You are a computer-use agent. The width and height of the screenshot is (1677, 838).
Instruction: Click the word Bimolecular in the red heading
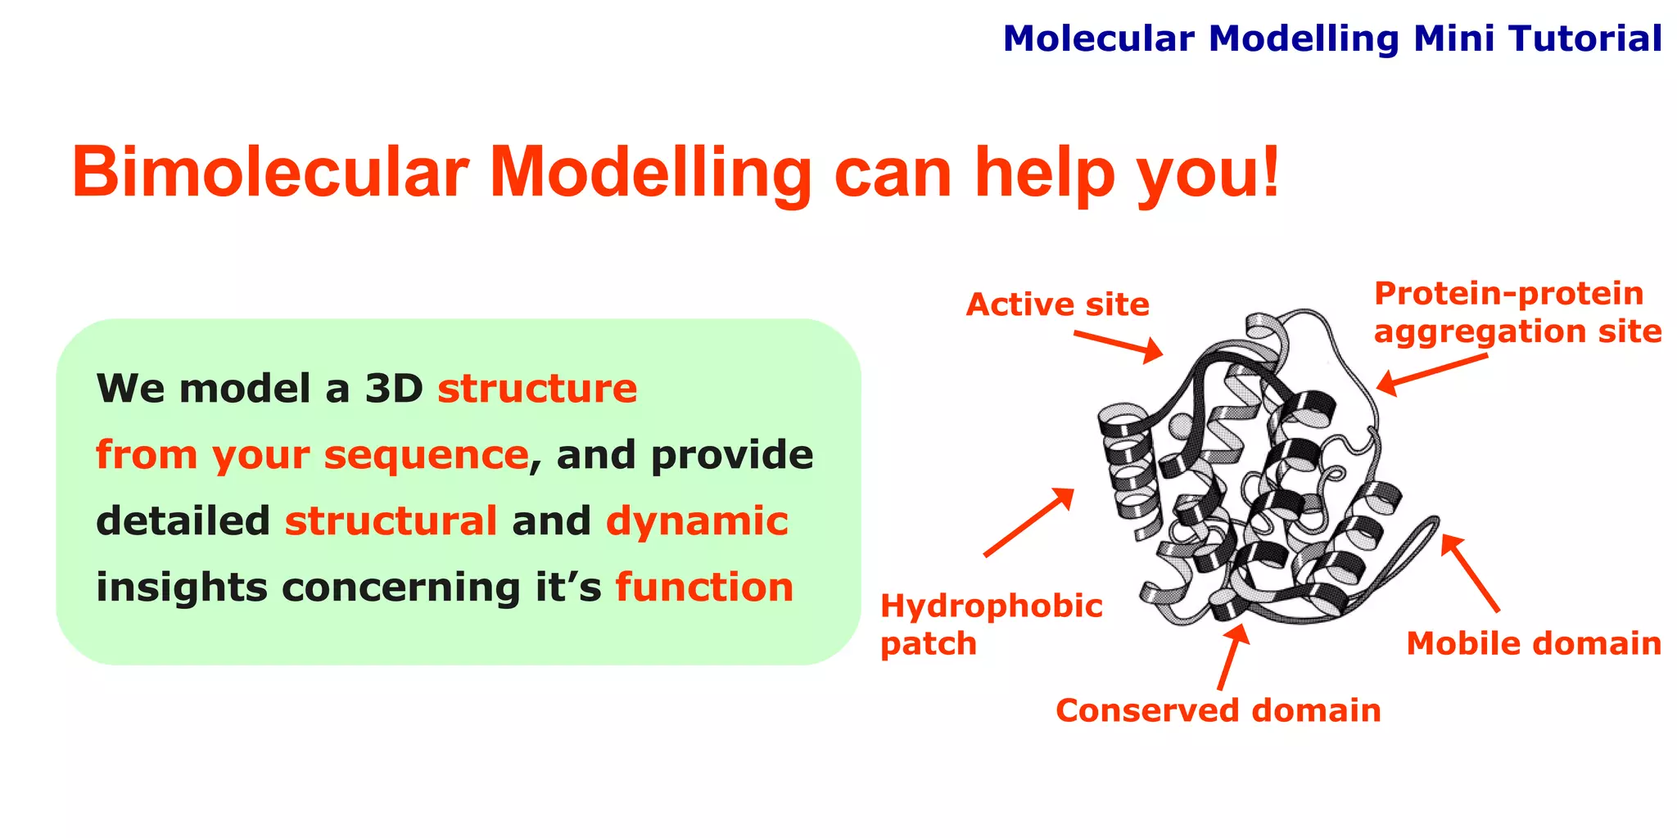pos(270,173)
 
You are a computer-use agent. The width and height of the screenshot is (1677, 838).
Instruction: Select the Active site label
pos(1057,304)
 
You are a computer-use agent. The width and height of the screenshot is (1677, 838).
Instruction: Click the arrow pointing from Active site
pos(1119,345)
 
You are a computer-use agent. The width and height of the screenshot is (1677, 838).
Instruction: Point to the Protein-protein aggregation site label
pos(1517,313)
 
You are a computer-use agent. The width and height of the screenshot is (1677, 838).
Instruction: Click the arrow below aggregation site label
pos(1431,371)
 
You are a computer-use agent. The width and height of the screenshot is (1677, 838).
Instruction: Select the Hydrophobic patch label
pos(991,624)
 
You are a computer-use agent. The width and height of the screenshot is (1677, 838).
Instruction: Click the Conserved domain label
pos(1218,710)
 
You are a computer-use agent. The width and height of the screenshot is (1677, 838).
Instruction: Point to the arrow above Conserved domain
pos(1232,656)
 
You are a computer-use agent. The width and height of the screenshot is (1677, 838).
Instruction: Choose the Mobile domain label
pos(1533,643)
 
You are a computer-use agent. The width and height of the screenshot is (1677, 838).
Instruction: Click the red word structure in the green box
pos(536,389)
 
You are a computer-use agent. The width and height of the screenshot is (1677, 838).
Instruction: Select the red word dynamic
pos(697,521)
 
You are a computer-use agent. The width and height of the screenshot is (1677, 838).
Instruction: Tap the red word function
pos(704,588)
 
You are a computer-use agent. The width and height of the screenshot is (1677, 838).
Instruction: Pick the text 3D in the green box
pos(393,389)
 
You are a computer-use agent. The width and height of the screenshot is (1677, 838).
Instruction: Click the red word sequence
pos(426,455)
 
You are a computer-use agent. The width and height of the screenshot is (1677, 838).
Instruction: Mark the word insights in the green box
pos(182,588)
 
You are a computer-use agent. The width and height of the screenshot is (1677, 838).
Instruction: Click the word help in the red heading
pos(1045,173)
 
